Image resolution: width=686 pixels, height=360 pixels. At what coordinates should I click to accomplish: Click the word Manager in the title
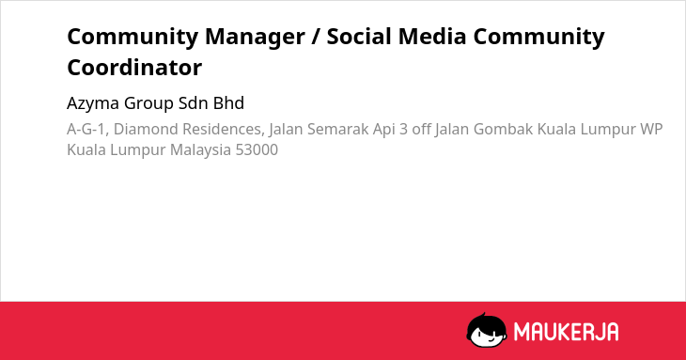[255, 38]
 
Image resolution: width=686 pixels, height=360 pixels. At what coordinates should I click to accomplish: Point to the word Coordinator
[134, 68]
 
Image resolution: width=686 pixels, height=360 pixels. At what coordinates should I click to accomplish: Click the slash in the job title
[316, 37]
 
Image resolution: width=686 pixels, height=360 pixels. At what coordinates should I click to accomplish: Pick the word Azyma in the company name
[93, 103]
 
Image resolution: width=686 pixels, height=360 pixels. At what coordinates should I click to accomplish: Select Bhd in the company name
[228, 102]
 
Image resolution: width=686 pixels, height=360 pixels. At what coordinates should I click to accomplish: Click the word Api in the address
[383, 130]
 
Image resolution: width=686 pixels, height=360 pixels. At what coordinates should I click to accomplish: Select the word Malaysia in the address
[200, 150]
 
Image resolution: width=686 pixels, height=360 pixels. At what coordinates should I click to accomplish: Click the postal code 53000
[257, 149]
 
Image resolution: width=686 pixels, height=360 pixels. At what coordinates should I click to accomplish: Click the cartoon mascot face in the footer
[487, 330]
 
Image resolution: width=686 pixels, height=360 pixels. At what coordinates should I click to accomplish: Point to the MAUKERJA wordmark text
[566, 331]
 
